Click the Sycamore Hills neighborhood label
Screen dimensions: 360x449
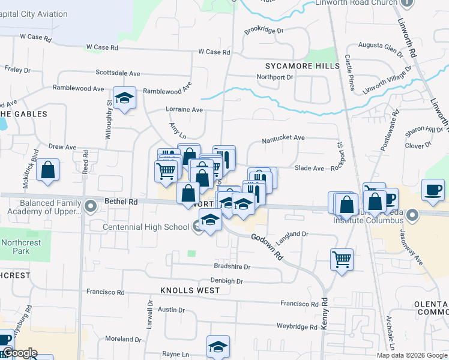click(298, 65)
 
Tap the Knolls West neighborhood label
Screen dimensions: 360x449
click(190, 290)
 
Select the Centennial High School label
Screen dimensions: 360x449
click(146, 227)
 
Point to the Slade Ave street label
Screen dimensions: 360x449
click(309, 168)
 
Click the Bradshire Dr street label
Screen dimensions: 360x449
click(232, 266)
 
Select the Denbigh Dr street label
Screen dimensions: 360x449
click(226, 281)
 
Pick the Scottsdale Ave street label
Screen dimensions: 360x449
click(118, 73)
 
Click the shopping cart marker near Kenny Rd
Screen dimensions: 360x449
click(342, 260)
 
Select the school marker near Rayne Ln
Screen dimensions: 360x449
click(218, 346)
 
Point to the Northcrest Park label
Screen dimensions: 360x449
click(16, 247)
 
